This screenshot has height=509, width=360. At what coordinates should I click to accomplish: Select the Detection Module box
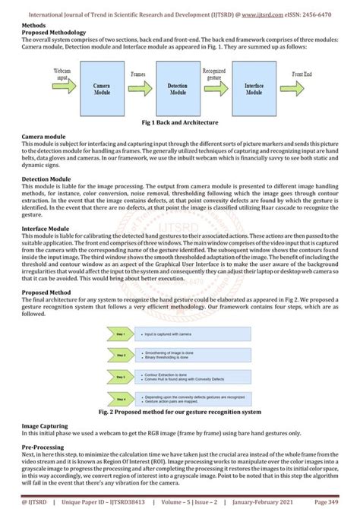[175, 90]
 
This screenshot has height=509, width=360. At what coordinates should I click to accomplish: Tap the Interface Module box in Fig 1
[253, 90]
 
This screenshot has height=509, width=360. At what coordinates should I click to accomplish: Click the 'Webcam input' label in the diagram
[62, 74]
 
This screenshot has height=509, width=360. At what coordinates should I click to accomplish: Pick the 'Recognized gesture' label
[214, 74]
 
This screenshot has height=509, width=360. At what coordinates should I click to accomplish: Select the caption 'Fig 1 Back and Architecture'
[180, 122]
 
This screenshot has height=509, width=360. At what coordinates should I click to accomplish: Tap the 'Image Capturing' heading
[47, 405]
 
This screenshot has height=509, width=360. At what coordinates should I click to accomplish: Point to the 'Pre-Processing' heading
[44, 426]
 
